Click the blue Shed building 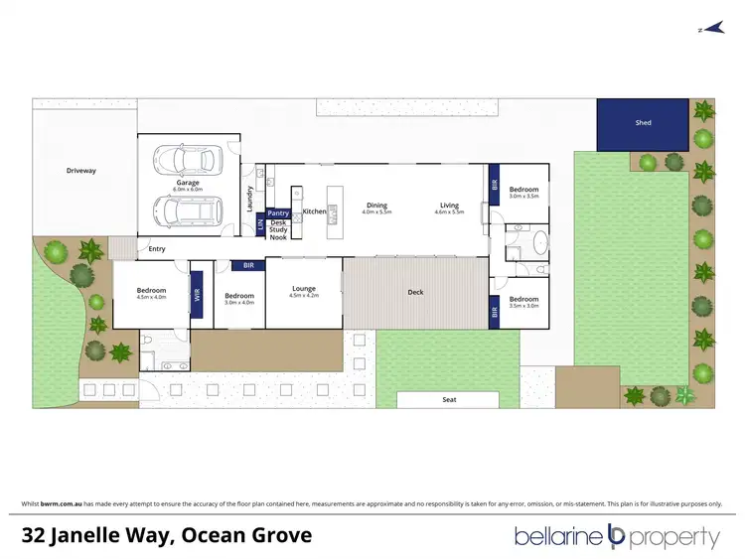click(642, 124)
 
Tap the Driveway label click(81, 171)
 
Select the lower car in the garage click(188, 210)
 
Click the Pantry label click(278, 212)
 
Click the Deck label click(416, 292)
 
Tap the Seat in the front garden click(448, 400)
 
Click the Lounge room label click(303, 289)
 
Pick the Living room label click(449, 206)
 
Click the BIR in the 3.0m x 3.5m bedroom click(495, 184)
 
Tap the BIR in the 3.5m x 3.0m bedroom click(495, 313)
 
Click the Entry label click(158, 249)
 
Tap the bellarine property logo click(616, 537)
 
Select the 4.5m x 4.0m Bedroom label click(150, 292)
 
